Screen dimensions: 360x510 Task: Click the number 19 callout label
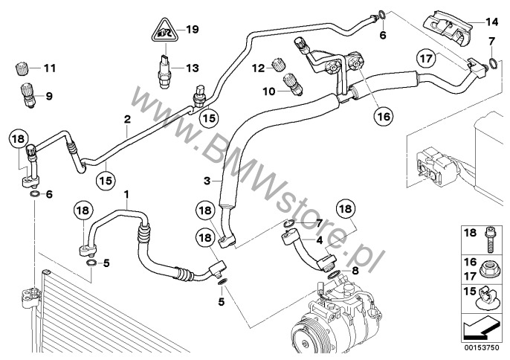pyautogui.click(x=192, y=30)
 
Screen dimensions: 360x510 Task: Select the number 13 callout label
pyautogui.click(x=192, y=68)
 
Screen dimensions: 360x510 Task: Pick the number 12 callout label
pyautogui.click(x=258, y=69)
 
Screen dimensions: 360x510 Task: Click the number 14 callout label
pyautogui.click(x=492, y=21)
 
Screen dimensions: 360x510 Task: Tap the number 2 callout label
pyautogui.click(x=128, y=119)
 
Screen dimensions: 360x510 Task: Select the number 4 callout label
pyautogui.click(x=318, y=240)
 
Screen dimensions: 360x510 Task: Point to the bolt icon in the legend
pyautogui.click(x=486, y=237)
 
